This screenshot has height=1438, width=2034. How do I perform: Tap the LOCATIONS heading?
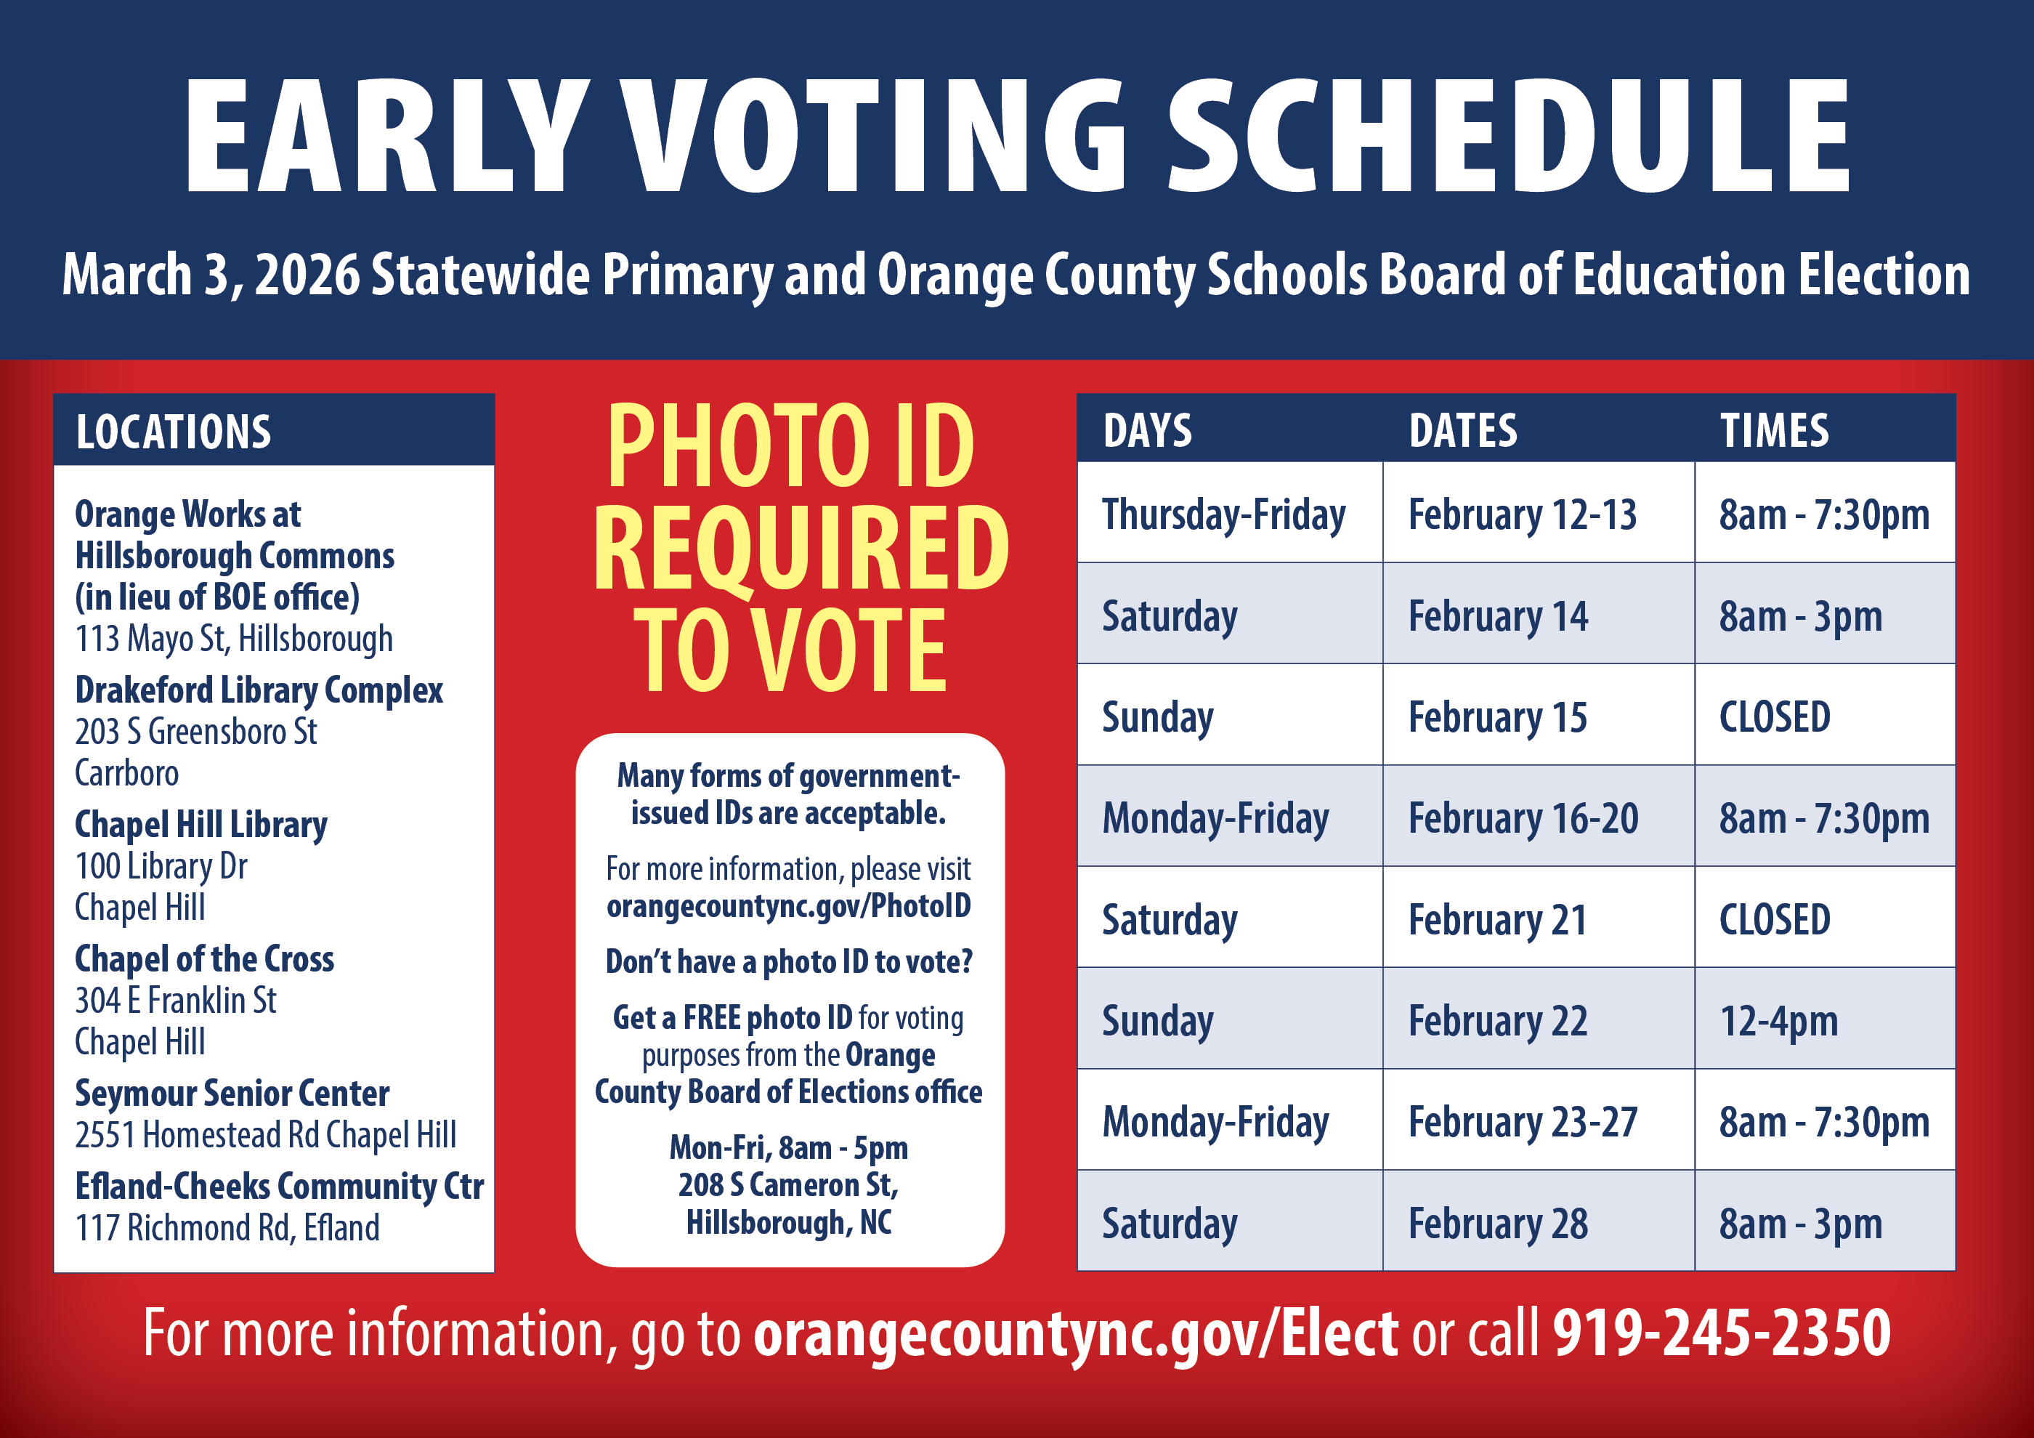[x=174, y=432]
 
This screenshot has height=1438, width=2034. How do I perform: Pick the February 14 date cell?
[x=1498, y=615]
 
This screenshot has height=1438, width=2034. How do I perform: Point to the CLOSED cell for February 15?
[x=1775, y=716]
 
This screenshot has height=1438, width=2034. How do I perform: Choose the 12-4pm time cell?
[x=1778, y=1021]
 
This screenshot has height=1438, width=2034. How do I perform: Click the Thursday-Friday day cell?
[x=1223, y=514]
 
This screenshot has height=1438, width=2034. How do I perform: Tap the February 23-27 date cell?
[x=1523, y=1122]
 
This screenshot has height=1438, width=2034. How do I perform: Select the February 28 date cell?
[x=1498, y=1224]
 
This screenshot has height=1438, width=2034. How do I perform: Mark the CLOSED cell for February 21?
[x=1775, y=920]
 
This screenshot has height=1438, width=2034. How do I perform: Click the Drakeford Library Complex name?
[x=259, y=690]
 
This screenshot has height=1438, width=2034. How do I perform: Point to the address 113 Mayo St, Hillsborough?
[x=234, y=639]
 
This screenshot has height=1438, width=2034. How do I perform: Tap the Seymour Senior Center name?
[x=232, y=1094]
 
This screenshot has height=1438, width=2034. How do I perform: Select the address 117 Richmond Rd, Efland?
[x=227, y=1228]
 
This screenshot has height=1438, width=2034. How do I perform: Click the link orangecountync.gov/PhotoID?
[x=788, y=906]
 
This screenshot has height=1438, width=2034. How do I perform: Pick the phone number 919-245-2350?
[x=1722, y=1333]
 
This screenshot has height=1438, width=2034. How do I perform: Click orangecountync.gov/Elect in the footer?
[x=1075, y=1333]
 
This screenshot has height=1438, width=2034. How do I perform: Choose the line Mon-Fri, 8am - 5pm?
[x=788, y=1148]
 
